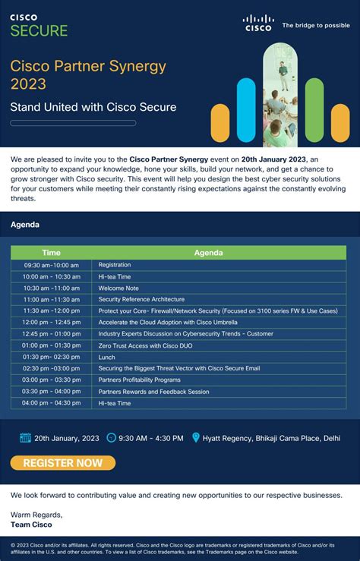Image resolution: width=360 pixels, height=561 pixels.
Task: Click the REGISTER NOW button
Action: pyautogui.click(x=62, y=463)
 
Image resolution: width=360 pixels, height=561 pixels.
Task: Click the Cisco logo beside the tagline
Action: pyautogui.click(x=258, y=23)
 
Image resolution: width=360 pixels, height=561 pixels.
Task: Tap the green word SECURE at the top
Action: pyautogui.click(x=39, y=31)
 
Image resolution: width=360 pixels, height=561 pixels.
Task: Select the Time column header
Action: pyautogui.click(x=51, y=253)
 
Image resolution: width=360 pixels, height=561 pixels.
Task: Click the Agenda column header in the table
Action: pyautogui.click(x=208, y=253)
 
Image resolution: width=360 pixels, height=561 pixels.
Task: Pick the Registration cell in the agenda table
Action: pyautogui.click(x=115, y=265)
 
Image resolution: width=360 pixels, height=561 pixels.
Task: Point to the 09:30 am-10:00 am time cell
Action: pyautogui.click(x=51, y=265)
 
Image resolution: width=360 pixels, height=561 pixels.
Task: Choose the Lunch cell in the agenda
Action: pyautogui.click(x=107, y=357)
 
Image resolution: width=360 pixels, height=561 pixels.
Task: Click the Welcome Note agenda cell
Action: pyautogui.click(x=118, y=288)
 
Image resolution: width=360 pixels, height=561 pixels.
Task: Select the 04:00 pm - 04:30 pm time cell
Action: pyautogui.click(x=51, y=403)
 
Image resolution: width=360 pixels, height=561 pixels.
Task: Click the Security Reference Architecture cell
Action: pyautogui.click(x=141, y=299)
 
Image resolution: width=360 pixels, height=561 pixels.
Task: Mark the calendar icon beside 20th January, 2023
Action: pyautogui.click(x=25, y=438)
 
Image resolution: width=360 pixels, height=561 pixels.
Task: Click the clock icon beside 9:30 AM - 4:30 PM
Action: pyautogui.click(x=112, y=438)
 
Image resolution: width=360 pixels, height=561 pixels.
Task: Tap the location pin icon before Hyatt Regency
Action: pyautogui.click(x=196, y=438)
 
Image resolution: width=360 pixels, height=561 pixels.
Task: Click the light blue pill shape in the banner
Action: pyautogui.click(x=246, y=109)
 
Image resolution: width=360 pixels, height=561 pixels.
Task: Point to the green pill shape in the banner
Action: pyautogui.click(x=314, y=109)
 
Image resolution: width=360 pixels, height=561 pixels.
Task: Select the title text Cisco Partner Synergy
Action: pyautogui.click(x=88, y=66)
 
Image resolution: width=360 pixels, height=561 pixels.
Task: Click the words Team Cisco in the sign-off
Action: pyautogui.click(x=31, y=525)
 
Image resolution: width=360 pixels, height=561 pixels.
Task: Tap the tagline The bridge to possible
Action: pyautogui.click(x=316, y=25)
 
